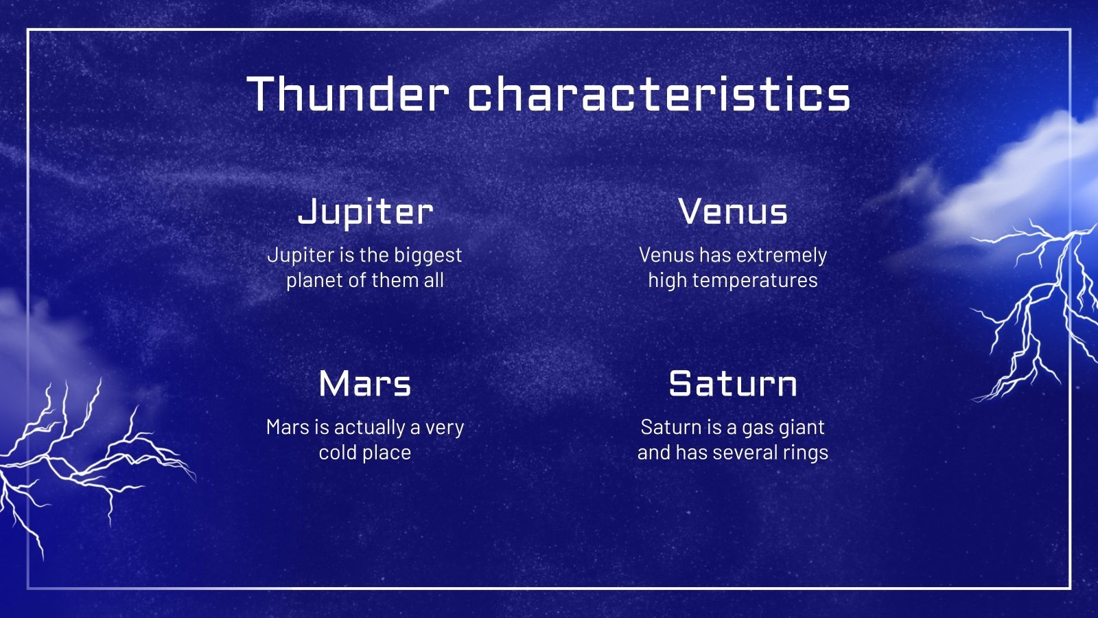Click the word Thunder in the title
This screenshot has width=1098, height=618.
[347, 93]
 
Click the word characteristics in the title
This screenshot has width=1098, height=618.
[659, 93]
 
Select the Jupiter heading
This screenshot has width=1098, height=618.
[365, 212]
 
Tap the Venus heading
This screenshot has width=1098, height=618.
[733, 212]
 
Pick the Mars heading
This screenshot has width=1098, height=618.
[365, 384]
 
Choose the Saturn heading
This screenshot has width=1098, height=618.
[733, 384]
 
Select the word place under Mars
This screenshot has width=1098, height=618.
[387, 453]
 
